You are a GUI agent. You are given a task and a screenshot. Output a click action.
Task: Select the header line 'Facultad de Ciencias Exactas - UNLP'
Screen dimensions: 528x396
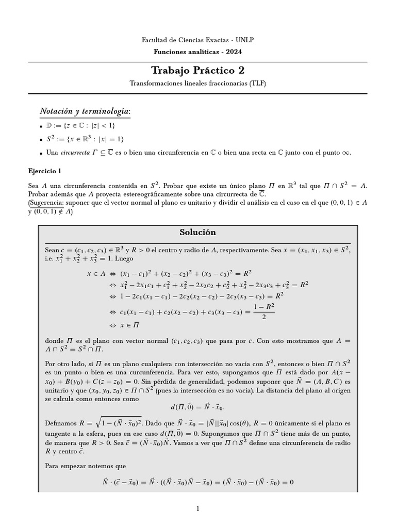click(x=197, y=40)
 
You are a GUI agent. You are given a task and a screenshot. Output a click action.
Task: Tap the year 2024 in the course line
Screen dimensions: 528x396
click(x=233, y=52)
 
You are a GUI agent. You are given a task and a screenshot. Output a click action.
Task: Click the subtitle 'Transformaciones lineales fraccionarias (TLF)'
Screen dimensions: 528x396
click(x=197, y=83)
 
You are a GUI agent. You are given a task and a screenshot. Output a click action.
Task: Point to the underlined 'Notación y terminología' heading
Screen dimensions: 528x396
click(x=85, y=111)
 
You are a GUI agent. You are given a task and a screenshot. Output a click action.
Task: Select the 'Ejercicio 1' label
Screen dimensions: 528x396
click(x=45, y=171)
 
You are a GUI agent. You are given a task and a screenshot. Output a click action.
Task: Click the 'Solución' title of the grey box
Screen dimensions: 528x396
click(x=197, y=232)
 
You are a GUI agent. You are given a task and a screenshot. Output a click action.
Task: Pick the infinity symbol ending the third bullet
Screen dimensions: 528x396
click(x=346, y=153)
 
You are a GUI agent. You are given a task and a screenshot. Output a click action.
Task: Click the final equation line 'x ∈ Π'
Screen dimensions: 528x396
click(x=129, y=325)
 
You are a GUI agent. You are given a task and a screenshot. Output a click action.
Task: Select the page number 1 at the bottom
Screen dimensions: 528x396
click(x=197, y=509)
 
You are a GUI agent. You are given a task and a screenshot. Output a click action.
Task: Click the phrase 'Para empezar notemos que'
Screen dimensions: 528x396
click(x=85, y=466)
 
